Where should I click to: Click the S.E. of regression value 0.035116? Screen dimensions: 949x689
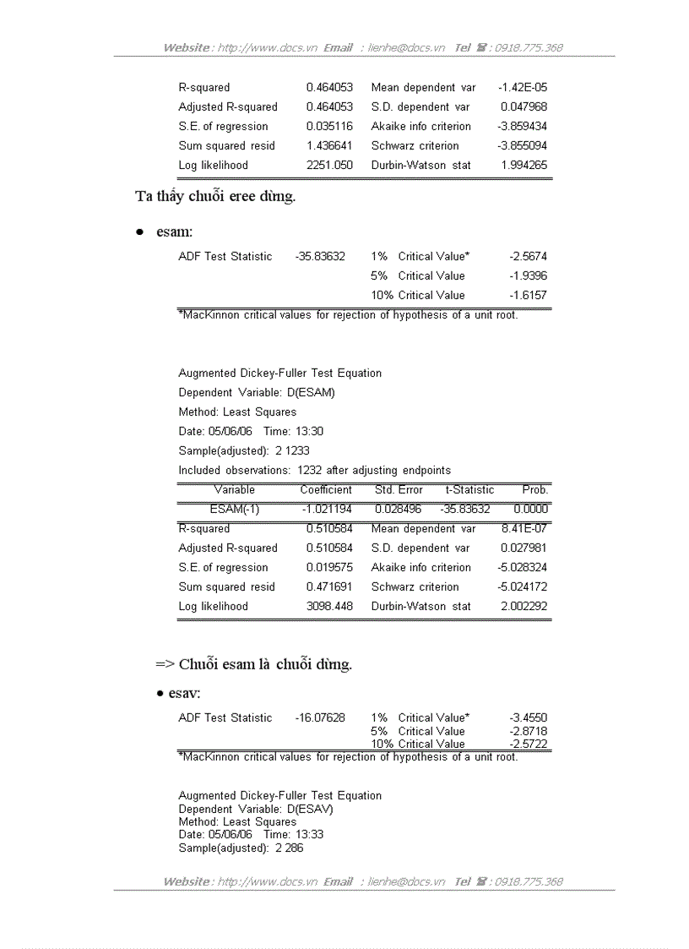pos(329,127)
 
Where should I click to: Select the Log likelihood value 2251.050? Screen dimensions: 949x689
pos(329,166)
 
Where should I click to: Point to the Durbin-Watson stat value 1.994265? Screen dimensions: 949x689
pos(524,166)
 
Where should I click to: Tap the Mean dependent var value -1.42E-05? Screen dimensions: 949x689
pos(523,88)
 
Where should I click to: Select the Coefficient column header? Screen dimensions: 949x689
pos(326,490)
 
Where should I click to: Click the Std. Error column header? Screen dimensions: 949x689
pos(399,490)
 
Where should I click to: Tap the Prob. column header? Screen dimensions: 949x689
pos(535,490)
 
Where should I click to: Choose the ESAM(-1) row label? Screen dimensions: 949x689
pos(235,510)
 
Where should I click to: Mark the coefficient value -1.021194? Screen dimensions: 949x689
pos(327,510)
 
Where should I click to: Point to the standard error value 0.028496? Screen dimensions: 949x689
pos(398,510)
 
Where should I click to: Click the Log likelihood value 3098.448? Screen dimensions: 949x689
pos(329,607)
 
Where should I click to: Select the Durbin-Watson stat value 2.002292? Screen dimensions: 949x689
pos(524,607)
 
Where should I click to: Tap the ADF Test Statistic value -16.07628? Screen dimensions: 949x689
pos(320,718)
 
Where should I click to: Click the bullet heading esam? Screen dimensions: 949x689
pos(174,232)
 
